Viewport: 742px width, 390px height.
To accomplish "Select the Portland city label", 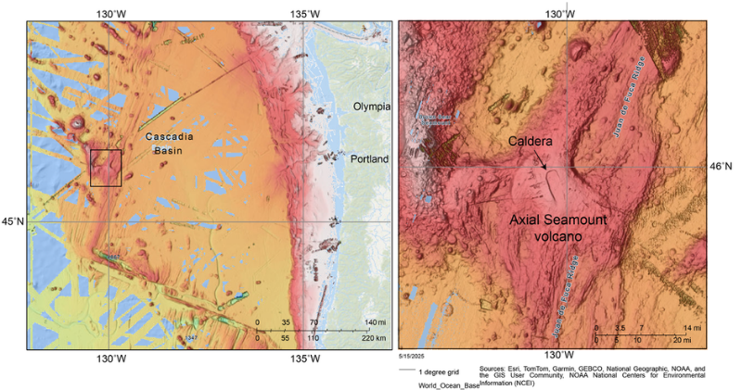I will tap(370, 159).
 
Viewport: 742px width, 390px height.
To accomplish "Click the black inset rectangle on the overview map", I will tap(106, 168).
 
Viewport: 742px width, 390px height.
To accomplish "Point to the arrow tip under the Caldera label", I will tap(546, 169).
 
